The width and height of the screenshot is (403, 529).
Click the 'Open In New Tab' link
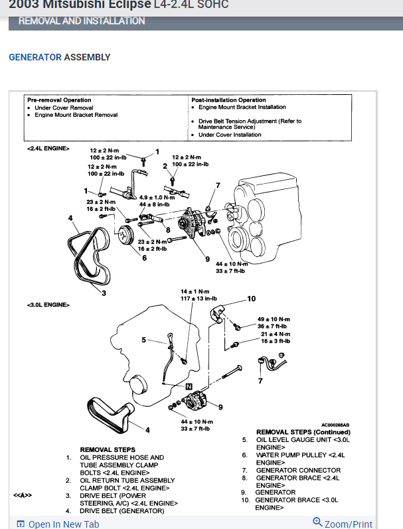[x=58, y=524]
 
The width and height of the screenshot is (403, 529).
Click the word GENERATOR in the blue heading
[x=35, y=57]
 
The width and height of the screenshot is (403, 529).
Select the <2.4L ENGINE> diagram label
[x=48, y=148]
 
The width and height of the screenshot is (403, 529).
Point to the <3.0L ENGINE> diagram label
[x=48, y=305]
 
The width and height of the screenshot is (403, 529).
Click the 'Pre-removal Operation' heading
[x=59, y=100]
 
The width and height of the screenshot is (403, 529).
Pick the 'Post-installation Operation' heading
[x=228, y=100]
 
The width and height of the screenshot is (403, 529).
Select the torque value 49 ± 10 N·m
[x=273, y=319]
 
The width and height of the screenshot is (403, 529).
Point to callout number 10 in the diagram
[x=251, y=299]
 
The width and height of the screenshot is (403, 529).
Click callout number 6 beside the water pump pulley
[x=144, y=258]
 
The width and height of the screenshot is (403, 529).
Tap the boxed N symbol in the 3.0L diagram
[x=189, y=386]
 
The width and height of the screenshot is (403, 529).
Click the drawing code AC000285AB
[x=335, y=425]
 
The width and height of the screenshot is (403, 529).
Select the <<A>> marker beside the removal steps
[x=23, y=495]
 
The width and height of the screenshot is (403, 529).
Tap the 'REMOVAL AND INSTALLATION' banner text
[x=82, y=21]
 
